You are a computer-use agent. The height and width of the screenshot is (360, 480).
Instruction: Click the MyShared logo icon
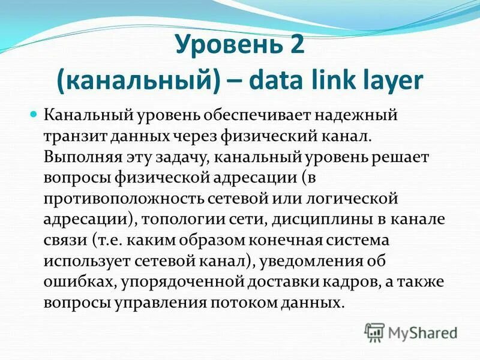tap(374, 331)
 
